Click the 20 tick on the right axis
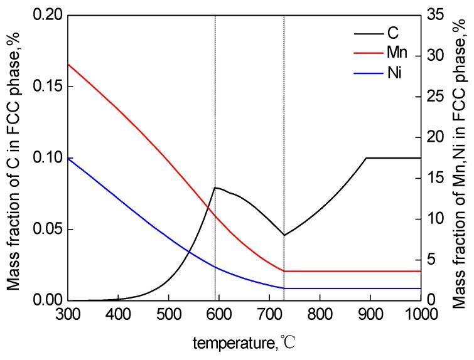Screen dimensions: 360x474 tap(435, 137)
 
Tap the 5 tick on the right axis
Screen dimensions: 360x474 tap(431, 260)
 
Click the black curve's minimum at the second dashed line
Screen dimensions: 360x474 tap(284, 235)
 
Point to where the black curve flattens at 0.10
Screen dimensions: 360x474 tap(366, 158)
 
